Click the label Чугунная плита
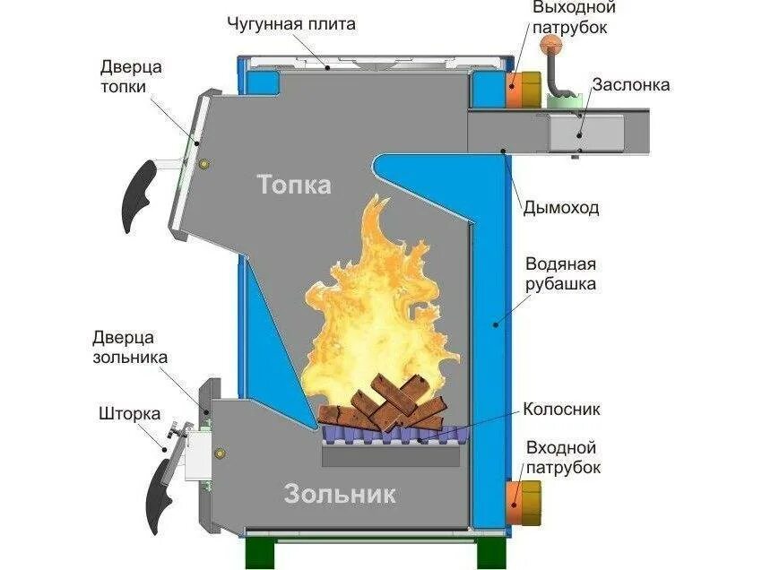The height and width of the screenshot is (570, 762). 290,24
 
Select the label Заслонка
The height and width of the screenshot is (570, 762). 630,85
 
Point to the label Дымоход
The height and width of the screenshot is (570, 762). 561,208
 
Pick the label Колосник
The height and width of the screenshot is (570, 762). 561,410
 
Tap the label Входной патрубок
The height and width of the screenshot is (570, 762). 563,456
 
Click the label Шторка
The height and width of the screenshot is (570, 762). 130,414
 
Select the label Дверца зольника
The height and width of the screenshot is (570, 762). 124,347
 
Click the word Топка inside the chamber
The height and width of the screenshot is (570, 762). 294,185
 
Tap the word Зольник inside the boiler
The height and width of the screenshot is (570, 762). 340,493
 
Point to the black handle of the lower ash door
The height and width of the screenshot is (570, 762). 162,493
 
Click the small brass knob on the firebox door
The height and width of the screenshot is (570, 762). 204,164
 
